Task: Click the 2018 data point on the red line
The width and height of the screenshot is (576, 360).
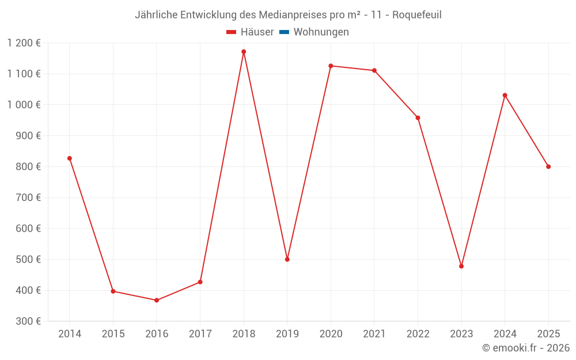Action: tap(244, 52)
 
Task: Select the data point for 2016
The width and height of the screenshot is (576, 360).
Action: tap(157, 300)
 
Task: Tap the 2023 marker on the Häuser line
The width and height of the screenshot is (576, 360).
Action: tap(461, 266)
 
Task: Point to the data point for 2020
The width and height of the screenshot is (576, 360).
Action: tap(331, 66)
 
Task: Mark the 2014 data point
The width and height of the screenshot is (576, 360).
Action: tap(70, 158)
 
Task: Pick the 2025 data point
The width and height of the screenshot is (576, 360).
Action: tap(548, 166)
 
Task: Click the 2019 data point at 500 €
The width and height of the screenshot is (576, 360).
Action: tap(287, 259)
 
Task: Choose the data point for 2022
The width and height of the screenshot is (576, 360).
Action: tap(418, 118)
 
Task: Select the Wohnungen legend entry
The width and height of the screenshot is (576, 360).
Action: tap(321, 32)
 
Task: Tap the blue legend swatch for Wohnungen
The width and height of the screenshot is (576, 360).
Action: tap(284, 32)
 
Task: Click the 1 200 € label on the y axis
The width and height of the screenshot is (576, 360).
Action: tap(24, 43)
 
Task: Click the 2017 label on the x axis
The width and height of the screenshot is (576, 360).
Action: tap(200, 334)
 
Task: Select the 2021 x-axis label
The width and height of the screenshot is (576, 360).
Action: tap(374, 334)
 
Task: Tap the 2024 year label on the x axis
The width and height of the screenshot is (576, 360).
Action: tap(505, 334)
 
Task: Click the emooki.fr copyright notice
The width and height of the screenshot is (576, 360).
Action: tap(526, 348)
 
